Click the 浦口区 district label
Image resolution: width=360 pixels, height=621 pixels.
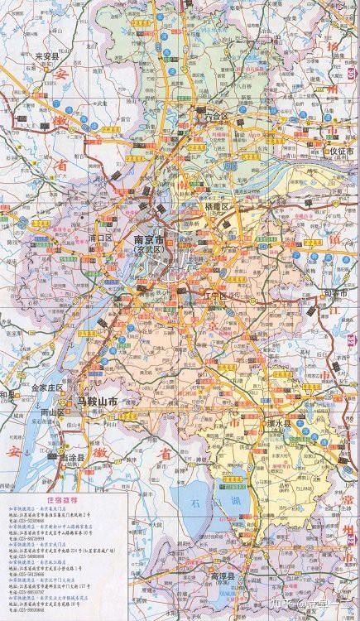point(99,238)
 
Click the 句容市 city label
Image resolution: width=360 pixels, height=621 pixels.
point(335,294)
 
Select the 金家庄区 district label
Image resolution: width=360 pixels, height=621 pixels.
point(47,387)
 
